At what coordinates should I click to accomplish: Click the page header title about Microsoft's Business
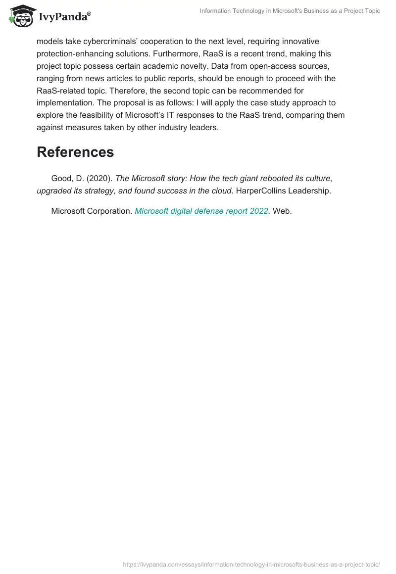(x=290, y=11)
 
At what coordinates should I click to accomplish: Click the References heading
(x=75, y=152)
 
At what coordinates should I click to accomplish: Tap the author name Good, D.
(x=67, y=178)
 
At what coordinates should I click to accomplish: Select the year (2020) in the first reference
(x=99, y=178)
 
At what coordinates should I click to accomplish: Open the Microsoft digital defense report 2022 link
(x=201, y=211)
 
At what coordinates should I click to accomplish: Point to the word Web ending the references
(x=282, y=211)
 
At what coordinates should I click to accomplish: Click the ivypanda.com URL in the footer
(x=251, y=564)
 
